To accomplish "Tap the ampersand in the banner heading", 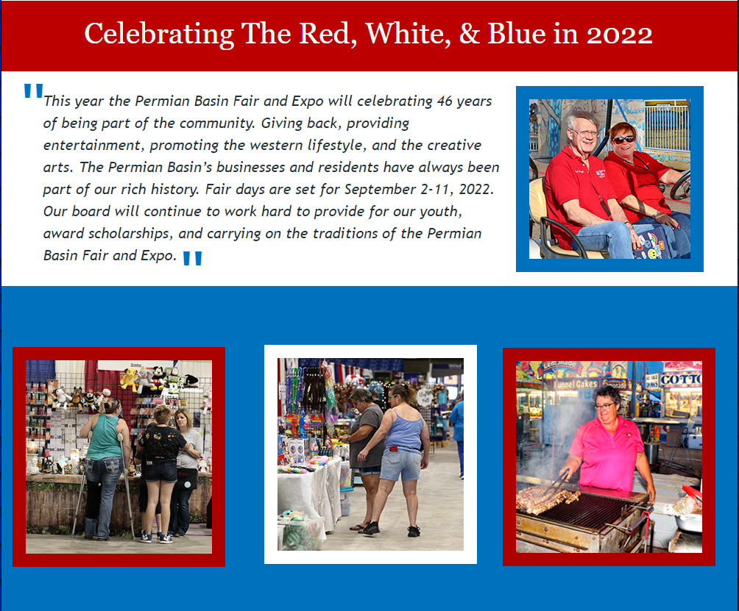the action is [469, 35].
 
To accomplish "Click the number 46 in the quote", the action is [444, 101].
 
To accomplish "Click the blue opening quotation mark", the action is [33, 90].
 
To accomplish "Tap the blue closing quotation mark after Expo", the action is [192, 258].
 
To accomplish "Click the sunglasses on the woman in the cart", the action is [623, 140].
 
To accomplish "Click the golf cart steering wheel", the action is [681, 185].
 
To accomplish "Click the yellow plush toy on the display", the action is [129, 379].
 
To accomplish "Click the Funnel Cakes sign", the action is [576, 384].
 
